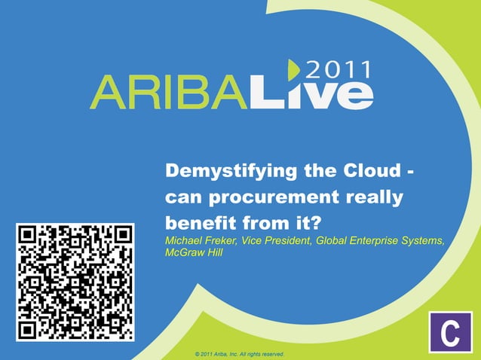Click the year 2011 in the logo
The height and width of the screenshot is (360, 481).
(x=340, y=71)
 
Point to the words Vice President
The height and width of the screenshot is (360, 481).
(x=280, y=241)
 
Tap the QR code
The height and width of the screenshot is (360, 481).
(x=75, y=282)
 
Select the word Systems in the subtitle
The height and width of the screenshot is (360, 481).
(x=426, y=241)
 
